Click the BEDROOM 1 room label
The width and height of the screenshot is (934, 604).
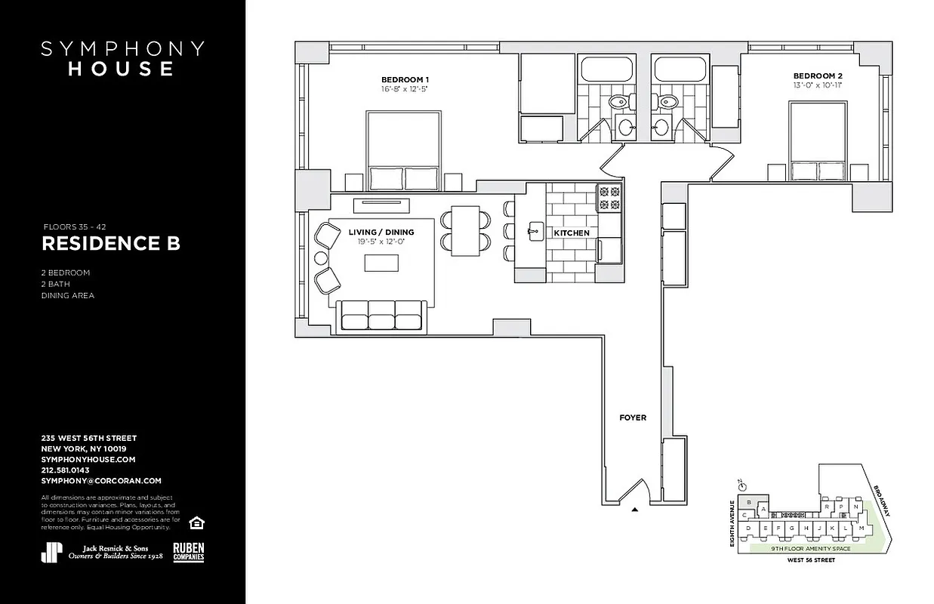click(x=405, y=79)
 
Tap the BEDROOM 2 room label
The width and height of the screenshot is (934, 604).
click(x=818, y=75)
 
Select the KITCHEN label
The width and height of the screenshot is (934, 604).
click(x=572, y=233)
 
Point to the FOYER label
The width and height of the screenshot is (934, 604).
click(x=633, y=418)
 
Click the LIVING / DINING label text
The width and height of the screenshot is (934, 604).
click(x=381, y=233)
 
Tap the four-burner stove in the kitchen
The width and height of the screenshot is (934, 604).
click(x=609, y=198)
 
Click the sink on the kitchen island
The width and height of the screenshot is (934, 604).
click(x=535, y=229)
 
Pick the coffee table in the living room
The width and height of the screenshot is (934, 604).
click(x=381, y=263)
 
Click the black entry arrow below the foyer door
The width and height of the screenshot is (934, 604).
click(x=635, y=510)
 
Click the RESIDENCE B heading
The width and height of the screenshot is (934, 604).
click(x=110, y=244)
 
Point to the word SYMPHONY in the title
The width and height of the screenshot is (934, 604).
click(x=122, y=49)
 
